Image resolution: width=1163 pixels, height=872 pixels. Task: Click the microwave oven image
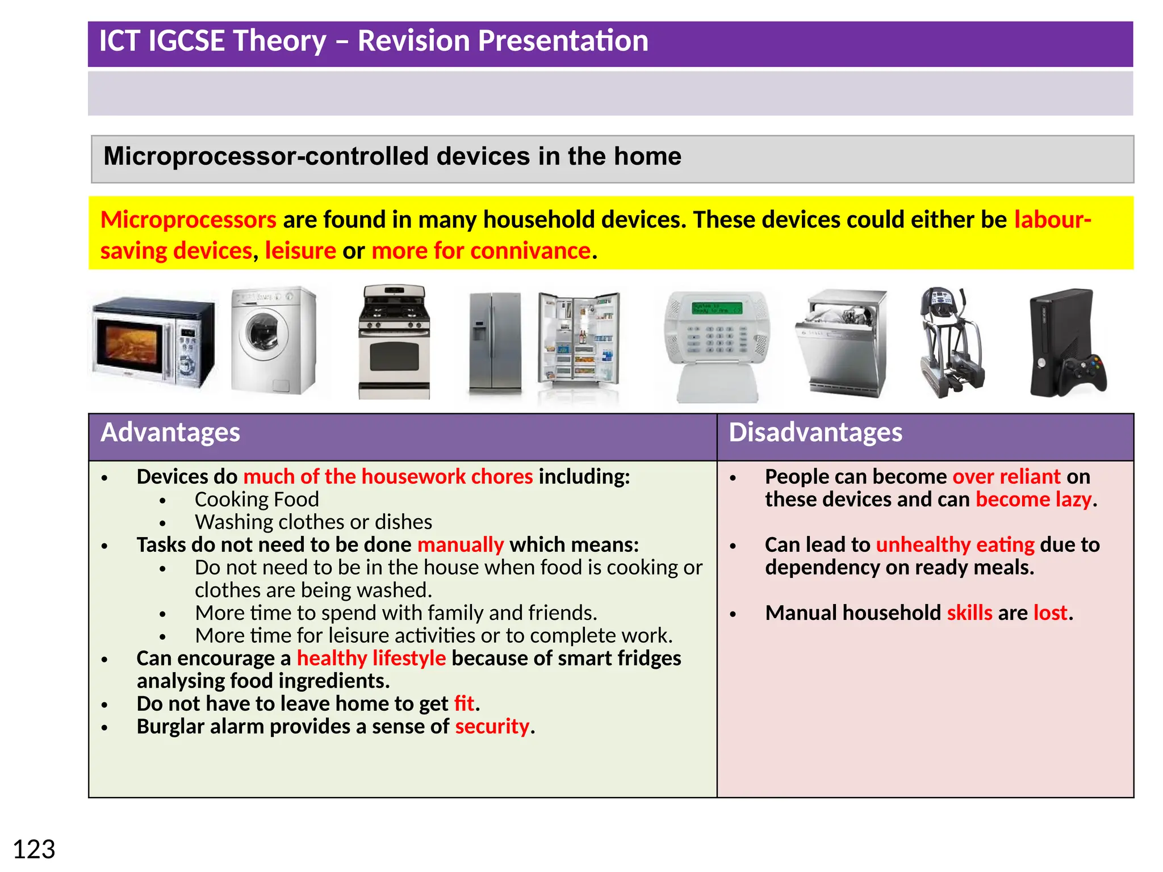[153, 343]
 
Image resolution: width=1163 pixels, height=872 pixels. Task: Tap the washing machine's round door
[263, 332]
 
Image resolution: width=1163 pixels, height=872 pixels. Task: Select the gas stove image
[394, 342]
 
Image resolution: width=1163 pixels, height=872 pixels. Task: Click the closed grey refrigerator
[495, 343]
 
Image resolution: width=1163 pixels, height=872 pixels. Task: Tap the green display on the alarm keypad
[717, 308]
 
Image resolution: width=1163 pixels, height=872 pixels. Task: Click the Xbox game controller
[1084, 373]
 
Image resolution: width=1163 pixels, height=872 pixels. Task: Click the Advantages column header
[170, 433]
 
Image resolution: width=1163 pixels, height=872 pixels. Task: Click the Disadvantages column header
[815, 433]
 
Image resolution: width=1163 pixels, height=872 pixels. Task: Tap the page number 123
[34, 850]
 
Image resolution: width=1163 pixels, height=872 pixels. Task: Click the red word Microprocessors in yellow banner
[189, 220]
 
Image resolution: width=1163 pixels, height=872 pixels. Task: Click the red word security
[492, 726]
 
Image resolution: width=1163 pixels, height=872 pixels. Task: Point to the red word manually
[461, 544]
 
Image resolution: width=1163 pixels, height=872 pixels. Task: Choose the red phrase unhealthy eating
[955, 544]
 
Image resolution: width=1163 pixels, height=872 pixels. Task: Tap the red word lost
[1050, 613]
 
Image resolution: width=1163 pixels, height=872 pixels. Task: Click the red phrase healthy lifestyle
[371, 658]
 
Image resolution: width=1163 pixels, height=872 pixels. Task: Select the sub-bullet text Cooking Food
[257, 499]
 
